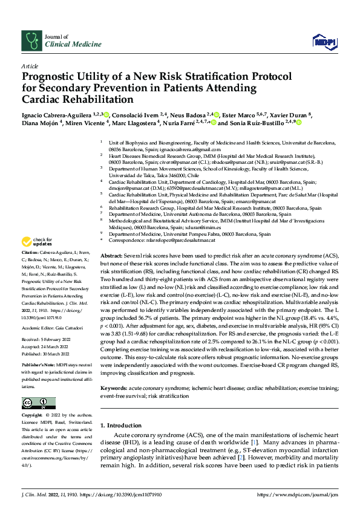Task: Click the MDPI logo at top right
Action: point(324,41)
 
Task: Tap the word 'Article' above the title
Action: point(29,65)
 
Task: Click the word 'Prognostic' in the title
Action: point(50,77)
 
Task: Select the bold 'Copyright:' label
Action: point(33,416)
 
